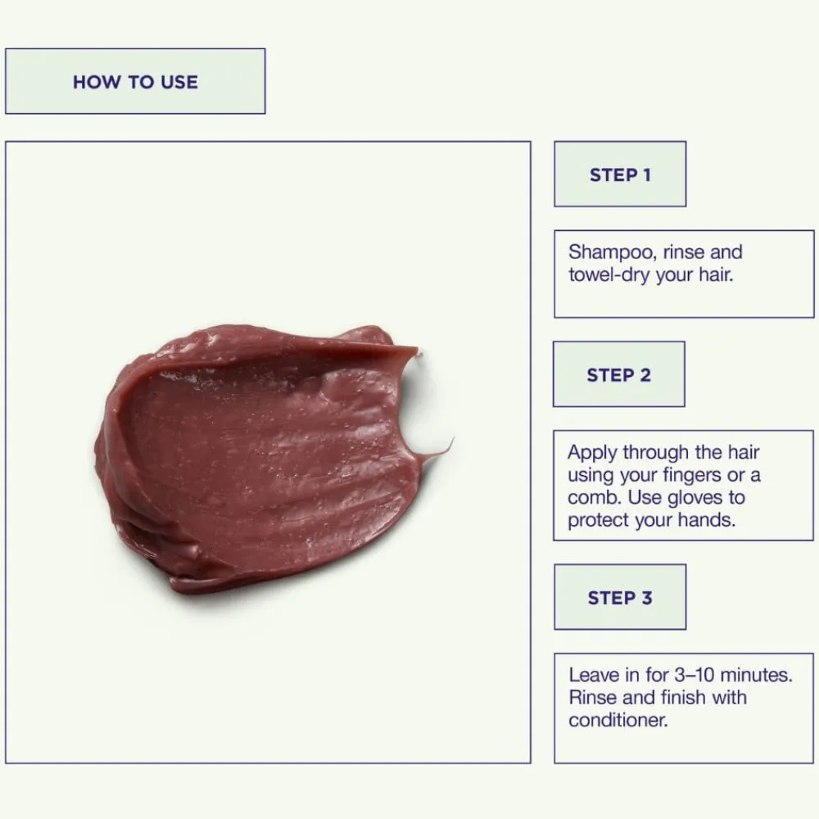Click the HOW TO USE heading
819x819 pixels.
coord(135,82)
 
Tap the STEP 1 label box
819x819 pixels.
coord(620,174)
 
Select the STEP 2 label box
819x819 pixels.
coord(619,374)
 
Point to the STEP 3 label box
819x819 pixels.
coord(620,597)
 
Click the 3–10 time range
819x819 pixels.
coord(694,675)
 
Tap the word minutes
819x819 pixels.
coord(756,675)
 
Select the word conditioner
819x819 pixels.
coord(618,720)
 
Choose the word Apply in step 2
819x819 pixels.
coord(592,453)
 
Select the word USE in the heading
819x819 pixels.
coord(179,82)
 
